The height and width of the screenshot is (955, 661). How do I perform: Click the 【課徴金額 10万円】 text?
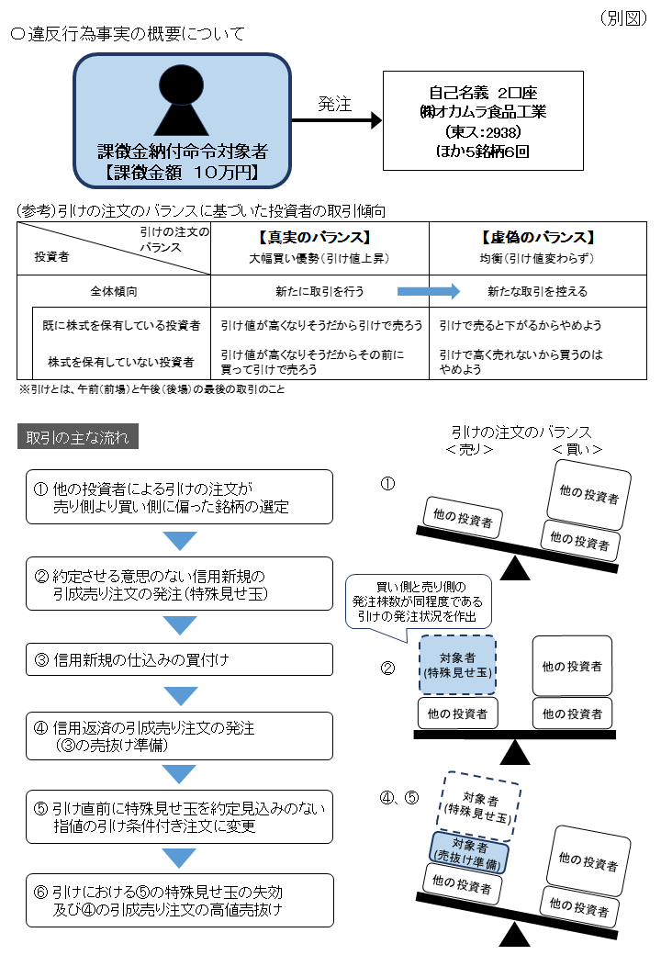(x=182, y=171)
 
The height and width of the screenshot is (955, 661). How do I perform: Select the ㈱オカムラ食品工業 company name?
(x=482, y=112)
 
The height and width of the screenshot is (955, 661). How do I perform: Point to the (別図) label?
(x=624, y=18)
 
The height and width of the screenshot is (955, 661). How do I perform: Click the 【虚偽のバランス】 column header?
(x=537, y=237)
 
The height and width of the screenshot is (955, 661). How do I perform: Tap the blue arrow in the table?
(x=428, y=291)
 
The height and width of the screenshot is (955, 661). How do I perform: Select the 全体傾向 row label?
(x=114, y=291)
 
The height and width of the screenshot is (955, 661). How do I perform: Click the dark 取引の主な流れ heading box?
(x=78, y=436)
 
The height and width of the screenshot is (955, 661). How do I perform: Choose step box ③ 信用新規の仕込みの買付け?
(x=179, y=658)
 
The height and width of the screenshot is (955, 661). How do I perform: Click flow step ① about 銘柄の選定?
(x=179, y=497)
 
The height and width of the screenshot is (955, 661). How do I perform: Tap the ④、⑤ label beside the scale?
(x=399, y=797)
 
